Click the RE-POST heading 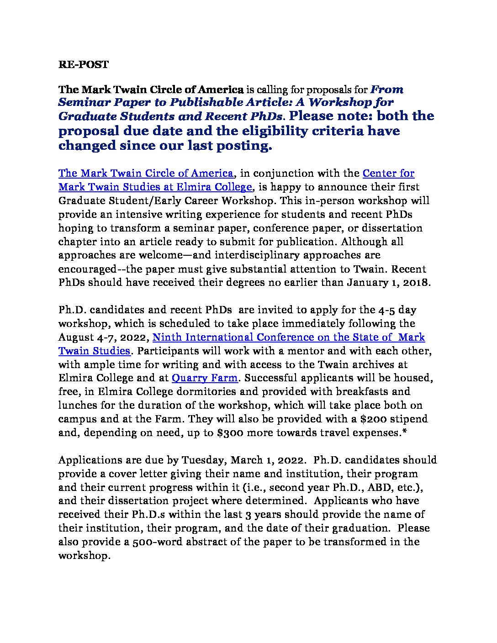tap(83, 64)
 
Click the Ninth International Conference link tap(288, 337)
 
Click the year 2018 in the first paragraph tap(416, 282)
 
